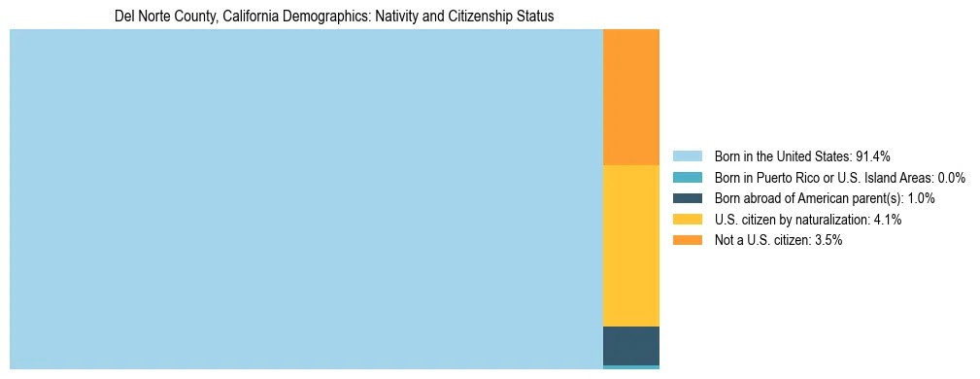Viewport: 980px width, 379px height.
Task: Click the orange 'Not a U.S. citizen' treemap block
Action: (x=631, y=97)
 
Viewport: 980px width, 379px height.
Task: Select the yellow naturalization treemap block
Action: (x=631, y=246)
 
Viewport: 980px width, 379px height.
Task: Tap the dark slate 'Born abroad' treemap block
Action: (x=631, y=345)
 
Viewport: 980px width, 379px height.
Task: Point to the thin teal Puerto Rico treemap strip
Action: (x=631, y=367)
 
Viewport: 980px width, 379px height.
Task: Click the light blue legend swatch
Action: (x=688, y=156)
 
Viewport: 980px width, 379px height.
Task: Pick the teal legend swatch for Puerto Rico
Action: (x=688, y=178)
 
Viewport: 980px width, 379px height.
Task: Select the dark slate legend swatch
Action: (x=688, y=198)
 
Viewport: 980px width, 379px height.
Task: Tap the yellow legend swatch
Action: (x=688, y=220)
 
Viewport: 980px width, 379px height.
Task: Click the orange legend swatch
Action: (x=688, y=241)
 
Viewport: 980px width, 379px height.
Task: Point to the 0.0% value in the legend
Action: (x=950, y=178)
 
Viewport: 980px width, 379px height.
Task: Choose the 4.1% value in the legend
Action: (x=886, y=220)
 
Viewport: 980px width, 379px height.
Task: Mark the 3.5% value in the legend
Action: (x=826, y=241)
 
